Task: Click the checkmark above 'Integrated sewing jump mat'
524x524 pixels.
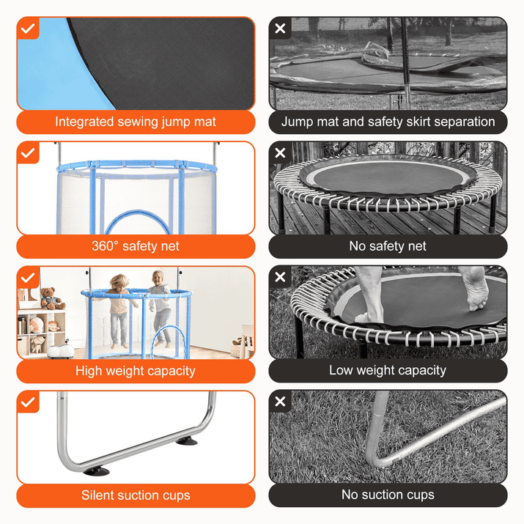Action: point(28,29)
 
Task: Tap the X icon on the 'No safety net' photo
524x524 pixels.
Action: point(280,152)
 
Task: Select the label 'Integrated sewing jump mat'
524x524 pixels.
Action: point(136,122)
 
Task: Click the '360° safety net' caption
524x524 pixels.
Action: point(136,246)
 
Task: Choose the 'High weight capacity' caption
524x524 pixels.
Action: point(136,371)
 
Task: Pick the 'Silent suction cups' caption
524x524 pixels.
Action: point(136,495)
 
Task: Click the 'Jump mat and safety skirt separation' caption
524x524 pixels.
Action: point(388,122)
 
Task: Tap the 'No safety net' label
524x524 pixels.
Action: point(388,246)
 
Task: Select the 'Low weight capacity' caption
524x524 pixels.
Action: point(388,370)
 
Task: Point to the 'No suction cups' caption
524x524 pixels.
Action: point(388,495)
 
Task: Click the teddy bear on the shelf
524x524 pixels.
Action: point(52,298)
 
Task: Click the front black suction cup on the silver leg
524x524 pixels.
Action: point(96,471)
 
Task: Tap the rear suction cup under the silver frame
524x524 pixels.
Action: point(186,441)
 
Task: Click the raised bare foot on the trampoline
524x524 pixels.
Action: point(476,289)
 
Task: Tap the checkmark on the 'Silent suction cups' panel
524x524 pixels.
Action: point(28,402)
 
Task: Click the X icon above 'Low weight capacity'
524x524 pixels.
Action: point(280,277)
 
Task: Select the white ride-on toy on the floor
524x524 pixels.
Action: point(61,350)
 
